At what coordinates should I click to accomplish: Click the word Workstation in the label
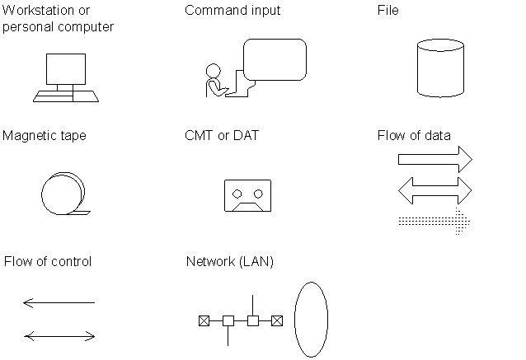[x=38, y=11]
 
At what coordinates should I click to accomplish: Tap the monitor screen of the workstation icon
[x=66, y=69]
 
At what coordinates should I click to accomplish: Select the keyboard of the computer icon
[x=66, y=96]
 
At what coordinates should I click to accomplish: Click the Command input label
[x=232, y=11]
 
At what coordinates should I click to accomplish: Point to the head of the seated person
[x=213, y=71]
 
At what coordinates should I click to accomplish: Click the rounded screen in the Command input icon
[x=275, y=59]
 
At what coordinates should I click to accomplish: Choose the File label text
[x=387, y=11]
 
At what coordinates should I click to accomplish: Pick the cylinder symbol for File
[x=440, y=68]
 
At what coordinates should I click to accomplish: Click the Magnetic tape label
[x=45, y=136]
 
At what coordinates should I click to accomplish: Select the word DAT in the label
[x=246, y=136]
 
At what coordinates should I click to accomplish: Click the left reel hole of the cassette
[x=237, y=194]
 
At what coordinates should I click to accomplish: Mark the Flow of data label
[x=414, y=136]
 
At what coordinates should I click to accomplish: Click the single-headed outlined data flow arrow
[x=435, y=160]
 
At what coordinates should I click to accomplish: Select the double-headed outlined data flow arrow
[x=435, y=191]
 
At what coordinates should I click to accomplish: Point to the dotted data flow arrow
[x=434, y=222]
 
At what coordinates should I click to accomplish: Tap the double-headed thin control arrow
[x=59, y=336]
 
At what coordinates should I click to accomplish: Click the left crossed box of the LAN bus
[x=204, y=320]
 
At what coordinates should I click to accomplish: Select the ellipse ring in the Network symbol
[x=294, y=320]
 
